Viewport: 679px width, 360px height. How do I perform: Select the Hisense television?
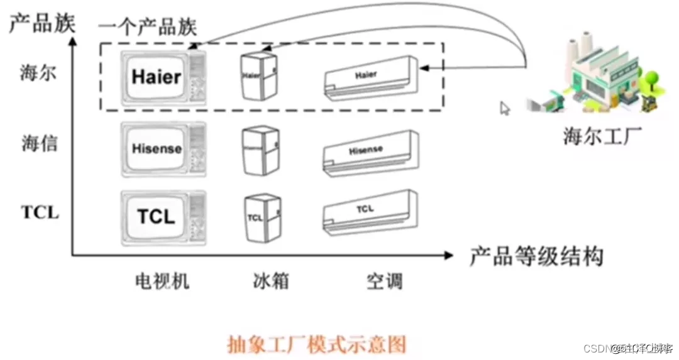pos(163,148)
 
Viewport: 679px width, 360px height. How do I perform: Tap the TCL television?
pos(163,216)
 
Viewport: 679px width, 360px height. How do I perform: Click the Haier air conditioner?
pos(370,79)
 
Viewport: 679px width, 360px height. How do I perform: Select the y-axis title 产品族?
pos(41,23)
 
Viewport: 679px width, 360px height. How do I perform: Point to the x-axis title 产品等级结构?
pos(536,256)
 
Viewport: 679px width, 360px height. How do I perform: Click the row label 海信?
pos(40,144)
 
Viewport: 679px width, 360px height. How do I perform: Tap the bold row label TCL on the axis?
pos(40,212)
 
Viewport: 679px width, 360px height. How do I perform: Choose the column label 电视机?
pos(162,281)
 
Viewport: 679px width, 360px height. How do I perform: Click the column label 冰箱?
pos(271,281)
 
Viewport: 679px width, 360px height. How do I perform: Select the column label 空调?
pos(384,281)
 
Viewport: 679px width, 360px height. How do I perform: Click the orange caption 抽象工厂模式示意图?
pos(316,344)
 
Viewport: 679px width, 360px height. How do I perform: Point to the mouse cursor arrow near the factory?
pos(505,108)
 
